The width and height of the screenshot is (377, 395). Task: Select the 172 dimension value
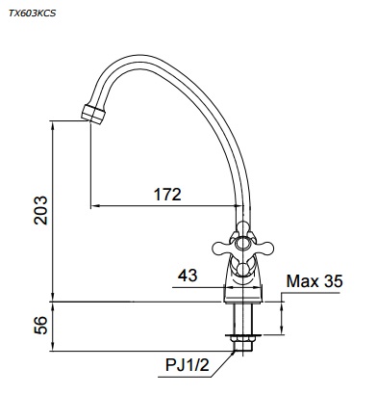click(x=166, y=195)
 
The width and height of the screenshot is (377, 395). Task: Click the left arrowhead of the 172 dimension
click(x=92, y=206)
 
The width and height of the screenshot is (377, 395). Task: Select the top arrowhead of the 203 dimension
click(x=54, y=120)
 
